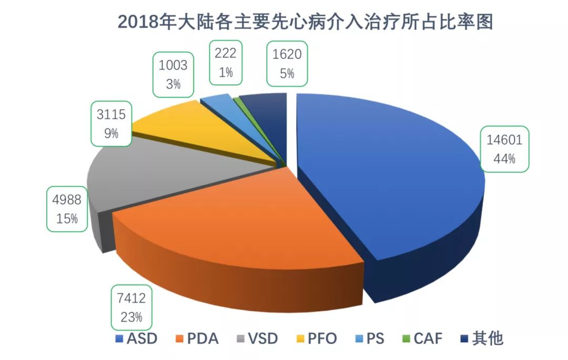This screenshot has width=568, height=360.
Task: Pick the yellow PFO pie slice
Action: coord(205,131)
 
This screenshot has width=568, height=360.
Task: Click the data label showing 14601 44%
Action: coord(504,150)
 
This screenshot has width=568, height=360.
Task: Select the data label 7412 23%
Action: coord(131,307)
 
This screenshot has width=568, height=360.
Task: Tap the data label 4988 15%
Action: coord(67,209)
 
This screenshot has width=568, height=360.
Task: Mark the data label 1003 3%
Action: coord(173,74)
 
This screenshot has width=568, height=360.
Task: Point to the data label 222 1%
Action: coord(226,61)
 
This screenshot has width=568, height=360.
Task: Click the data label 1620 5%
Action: coord(287,63)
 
